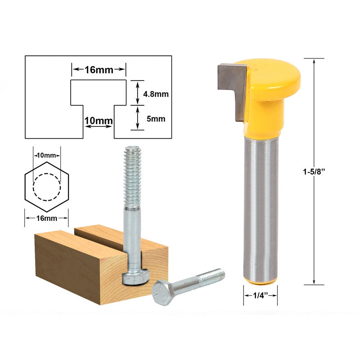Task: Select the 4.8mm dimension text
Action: [155, 94]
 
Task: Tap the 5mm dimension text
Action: [155, 119]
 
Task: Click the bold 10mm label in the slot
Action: [98, 121]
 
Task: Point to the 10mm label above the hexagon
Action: [46, 155]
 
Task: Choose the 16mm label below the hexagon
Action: [46, 218]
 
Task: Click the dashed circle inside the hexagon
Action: [47, 187]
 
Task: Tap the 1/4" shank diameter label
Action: [261, 296]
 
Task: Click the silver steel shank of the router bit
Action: [261, 207]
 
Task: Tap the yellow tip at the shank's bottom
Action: [261, 282]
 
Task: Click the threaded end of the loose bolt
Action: [214, 275]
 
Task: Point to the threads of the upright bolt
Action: [132, 175]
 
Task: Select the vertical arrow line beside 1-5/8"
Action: [314, 112]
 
